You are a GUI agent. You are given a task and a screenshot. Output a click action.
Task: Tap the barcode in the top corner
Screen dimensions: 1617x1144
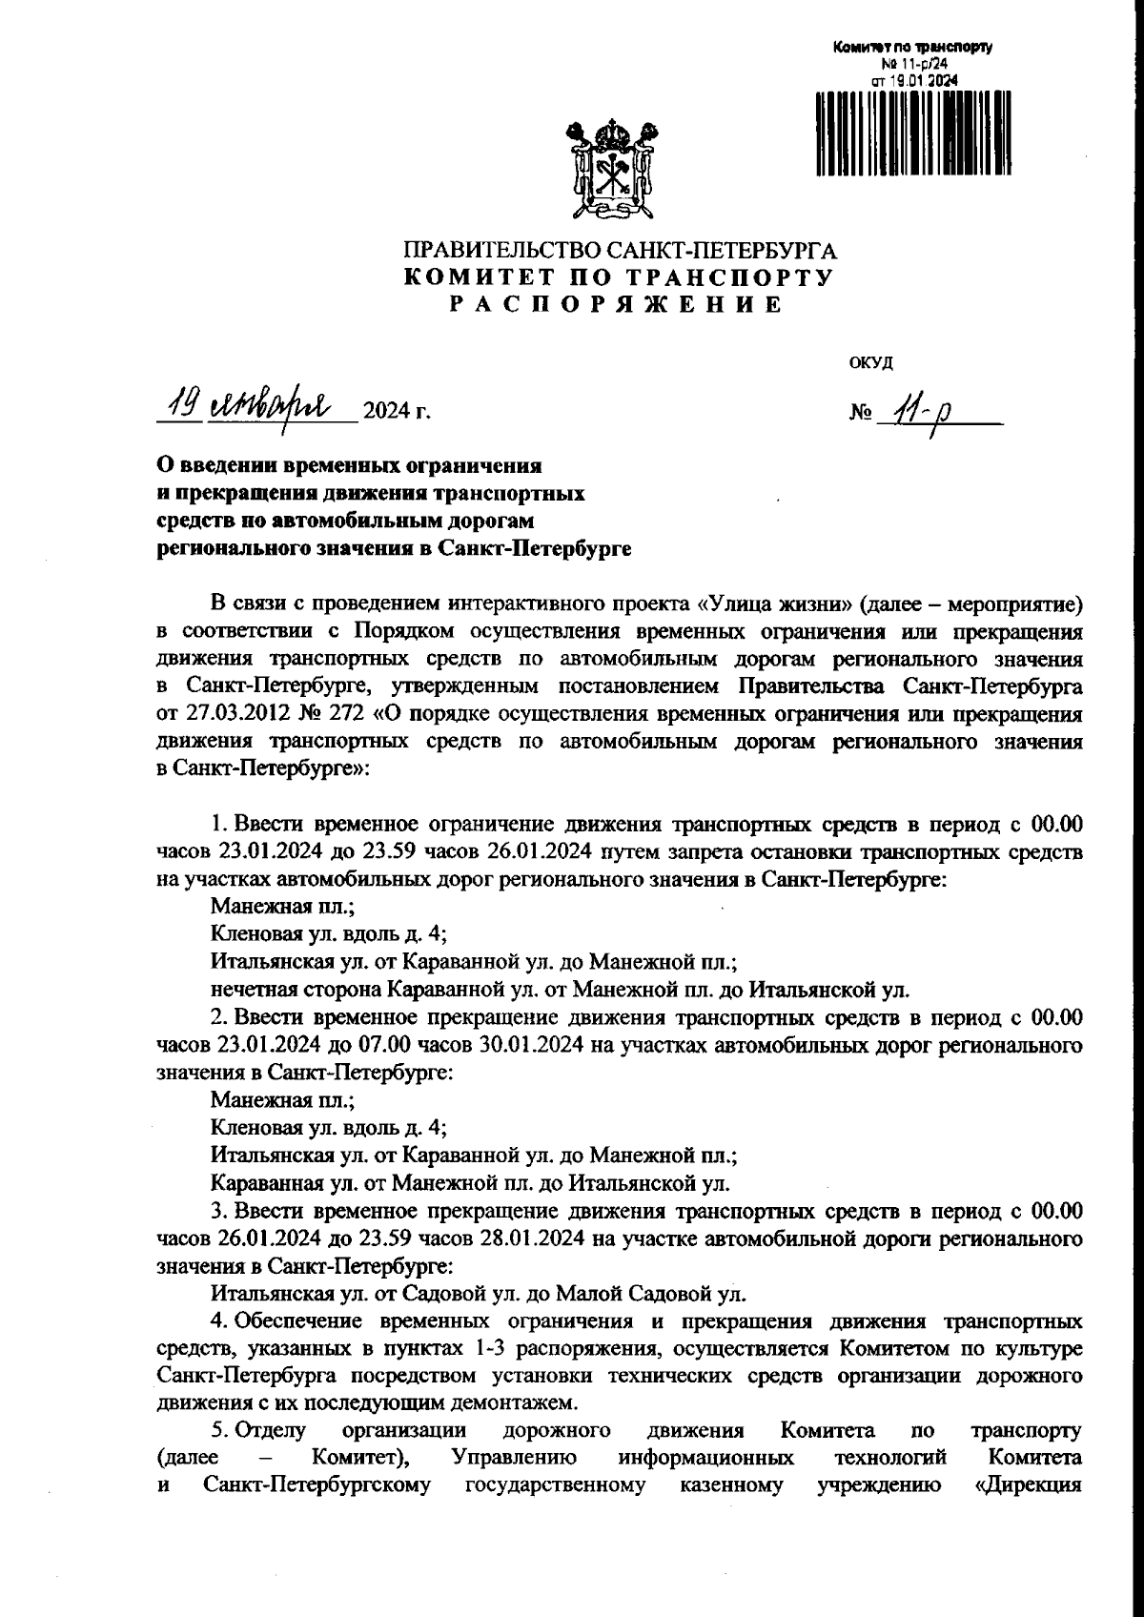tap(906, 133)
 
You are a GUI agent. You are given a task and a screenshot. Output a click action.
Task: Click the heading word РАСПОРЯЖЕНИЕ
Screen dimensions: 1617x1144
tap(617, 305)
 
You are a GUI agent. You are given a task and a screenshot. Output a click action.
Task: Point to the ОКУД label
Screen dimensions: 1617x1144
tap(869, 362)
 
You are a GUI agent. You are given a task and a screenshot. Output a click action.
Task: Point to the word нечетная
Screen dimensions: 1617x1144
tap(248, 989)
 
